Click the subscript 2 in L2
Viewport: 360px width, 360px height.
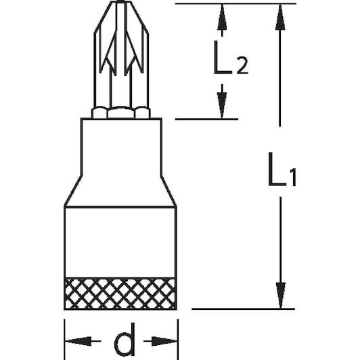(x=242, y=65)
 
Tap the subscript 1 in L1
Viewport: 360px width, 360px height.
(x=292, y=177)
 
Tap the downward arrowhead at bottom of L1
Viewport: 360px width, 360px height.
(x=281, y=296)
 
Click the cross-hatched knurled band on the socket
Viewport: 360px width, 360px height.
(x=120, y=294)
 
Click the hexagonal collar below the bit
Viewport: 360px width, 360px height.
(x=121, y=113)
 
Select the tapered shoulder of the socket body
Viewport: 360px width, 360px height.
(x=120, y=192)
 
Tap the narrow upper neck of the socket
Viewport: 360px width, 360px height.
(x=121, y=147)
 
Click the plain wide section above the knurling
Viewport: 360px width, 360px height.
(x=120, y=242)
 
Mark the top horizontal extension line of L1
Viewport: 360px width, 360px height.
(x=235, y=3)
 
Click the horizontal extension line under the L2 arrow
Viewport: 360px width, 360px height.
(x=206, y=119)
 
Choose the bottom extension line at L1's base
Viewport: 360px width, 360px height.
(x=244, y=309)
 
